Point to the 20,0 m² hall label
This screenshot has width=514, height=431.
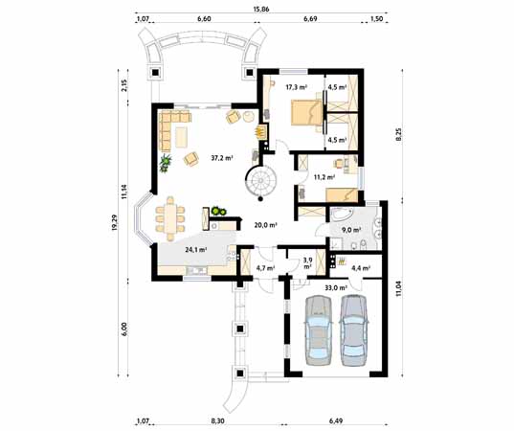(265, 226)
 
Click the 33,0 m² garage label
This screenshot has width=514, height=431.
(335, 287)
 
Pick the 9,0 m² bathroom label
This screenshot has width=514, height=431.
(350, 230)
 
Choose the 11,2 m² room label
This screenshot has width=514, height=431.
(324, 177)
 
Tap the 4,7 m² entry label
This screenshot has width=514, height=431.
(264, 268)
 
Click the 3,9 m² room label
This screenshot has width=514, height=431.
(307, 263)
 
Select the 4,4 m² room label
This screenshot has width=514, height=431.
(361, 268)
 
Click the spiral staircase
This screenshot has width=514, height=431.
(259, 181)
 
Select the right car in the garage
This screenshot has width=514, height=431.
(354, 330)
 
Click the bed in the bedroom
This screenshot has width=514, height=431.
(302, 111)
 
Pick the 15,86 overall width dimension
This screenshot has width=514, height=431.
(260, 9)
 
